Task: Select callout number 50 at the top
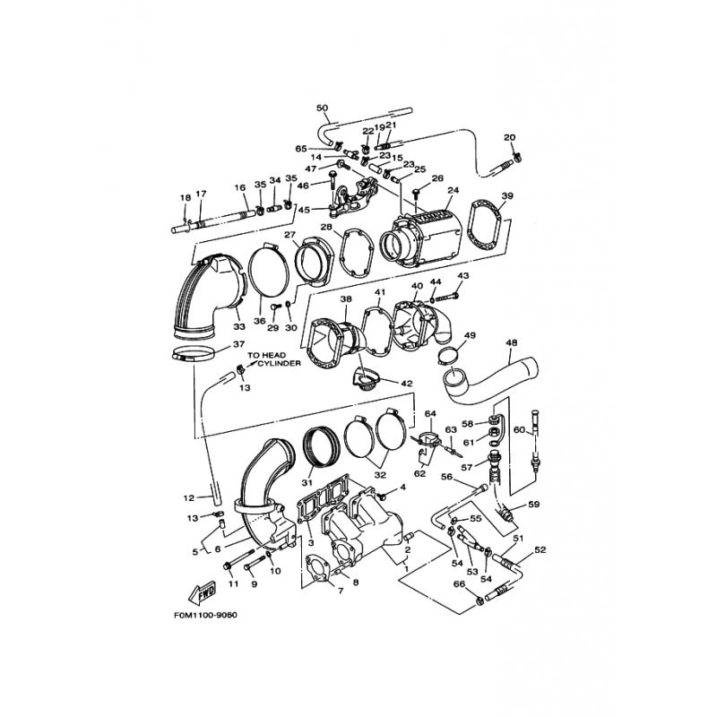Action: tap(323, 108)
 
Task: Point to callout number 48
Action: tap(512, 342)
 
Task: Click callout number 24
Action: tap(452, 191)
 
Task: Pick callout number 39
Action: tap(507, 196)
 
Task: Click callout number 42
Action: tap(407, 383)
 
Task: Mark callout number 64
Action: tap(429, 413)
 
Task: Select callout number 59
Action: tap(534, 504)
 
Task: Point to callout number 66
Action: tap(459, 584)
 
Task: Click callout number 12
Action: tap(189, 498)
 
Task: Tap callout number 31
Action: tap(308, 482)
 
